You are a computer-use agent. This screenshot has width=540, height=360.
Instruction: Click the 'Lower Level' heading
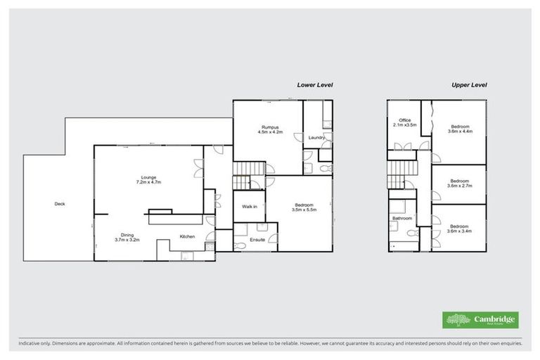[x=314, y=84]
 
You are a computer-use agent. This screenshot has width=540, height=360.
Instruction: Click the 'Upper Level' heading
[x=469, y=84]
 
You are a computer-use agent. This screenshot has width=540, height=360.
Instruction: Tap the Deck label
[x=60, y=205]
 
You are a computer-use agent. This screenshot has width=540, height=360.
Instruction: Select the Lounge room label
[x=148, y=176]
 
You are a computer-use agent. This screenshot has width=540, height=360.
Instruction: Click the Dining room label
[x=127, y=235]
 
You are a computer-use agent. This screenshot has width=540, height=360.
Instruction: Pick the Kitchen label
[x=187, y=236]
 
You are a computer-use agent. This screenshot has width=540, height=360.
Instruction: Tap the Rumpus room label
[x=267, y=127]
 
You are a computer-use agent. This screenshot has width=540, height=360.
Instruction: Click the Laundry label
[x=316, y=137]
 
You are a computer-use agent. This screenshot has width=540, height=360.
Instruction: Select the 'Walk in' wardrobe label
[x=250, y=207]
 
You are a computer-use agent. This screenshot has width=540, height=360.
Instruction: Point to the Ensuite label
[x=257, y=240]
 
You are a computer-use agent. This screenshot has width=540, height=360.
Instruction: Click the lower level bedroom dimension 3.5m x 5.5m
[x=304, y=210]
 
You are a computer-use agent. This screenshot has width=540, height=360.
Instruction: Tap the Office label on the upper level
[x=404, y=120]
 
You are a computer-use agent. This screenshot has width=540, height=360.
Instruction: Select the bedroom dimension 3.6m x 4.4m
[x=461, y=131]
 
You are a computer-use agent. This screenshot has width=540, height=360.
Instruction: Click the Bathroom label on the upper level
[x=402, y=218]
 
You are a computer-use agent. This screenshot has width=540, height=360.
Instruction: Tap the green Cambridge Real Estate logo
[x=480, y=320]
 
